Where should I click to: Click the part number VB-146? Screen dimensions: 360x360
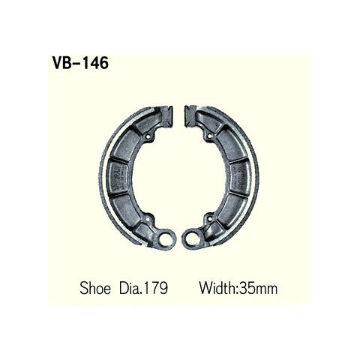[x=80, y=62]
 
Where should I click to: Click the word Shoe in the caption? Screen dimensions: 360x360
[x=95, y=288]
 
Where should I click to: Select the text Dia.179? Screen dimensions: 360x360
[x=143, y=288]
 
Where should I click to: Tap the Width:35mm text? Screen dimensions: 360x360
[x=238, y=288]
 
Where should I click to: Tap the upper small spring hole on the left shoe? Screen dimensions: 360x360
[x=149, y=137]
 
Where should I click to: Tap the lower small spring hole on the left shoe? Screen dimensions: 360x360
[x=148, y=220]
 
